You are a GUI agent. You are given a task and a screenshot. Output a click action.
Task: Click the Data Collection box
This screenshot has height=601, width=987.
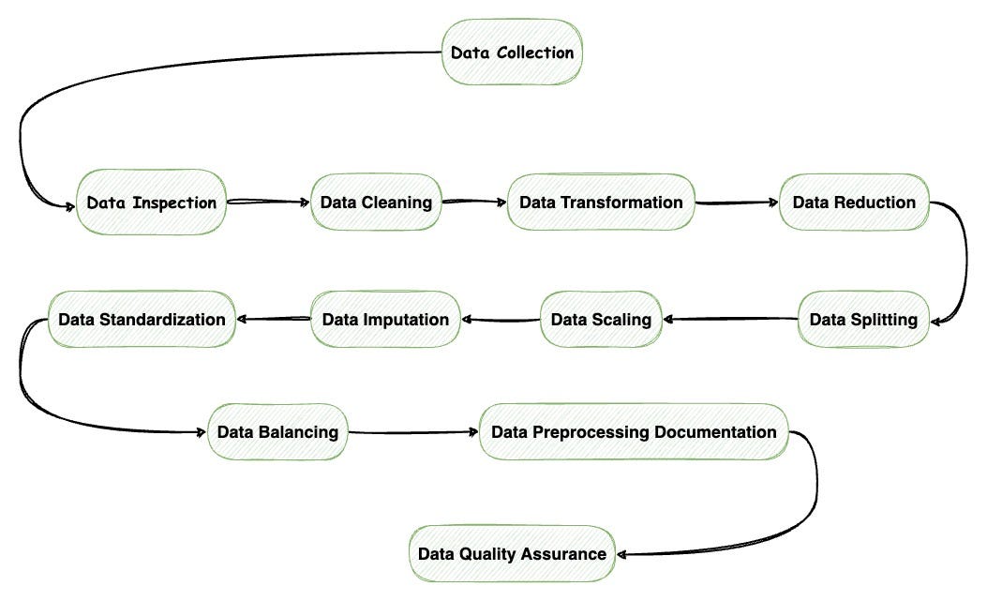coord(512,53)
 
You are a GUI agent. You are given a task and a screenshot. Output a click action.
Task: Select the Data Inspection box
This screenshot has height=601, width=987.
coord(152,203)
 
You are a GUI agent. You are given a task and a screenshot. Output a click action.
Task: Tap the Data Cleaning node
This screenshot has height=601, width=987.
coord(376,203)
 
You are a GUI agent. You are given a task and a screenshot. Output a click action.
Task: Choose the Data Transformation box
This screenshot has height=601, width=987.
coord(601,203)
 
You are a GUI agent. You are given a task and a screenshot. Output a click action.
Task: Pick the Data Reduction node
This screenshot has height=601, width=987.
coord(854,203)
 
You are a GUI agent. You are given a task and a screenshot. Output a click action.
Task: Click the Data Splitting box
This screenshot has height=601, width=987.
coord(863,320)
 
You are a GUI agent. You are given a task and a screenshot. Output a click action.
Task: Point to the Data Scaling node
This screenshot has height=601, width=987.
coord(601,320)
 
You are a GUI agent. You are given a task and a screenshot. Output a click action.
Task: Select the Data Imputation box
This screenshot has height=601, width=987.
coord(385,320)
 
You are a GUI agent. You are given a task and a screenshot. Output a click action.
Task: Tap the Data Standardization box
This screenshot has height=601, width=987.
coord(142,320)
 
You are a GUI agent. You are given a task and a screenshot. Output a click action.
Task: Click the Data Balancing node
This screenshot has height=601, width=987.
coord(277,432)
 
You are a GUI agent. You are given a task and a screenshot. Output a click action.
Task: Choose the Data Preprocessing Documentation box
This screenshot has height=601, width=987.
coord(634,432)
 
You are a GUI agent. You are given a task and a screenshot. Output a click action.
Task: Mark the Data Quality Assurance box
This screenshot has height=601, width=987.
coord(512,553)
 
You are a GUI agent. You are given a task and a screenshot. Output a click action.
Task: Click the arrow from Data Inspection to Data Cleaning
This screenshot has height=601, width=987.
coord(268,201)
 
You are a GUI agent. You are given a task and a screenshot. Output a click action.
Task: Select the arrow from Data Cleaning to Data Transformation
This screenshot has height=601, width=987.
coord(474,201)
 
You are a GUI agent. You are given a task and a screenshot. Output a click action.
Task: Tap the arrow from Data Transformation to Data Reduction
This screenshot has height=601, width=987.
coord(737,202)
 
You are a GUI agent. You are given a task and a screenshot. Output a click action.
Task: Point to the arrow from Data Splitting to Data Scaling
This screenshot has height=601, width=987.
coord(731,320)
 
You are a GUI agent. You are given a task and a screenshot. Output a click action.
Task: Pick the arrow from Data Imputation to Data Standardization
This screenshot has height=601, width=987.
coord(273,320)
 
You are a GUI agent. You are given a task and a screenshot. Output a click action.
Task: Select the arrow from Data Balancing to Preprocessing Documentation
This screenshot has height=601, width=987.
coord(412,432)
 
